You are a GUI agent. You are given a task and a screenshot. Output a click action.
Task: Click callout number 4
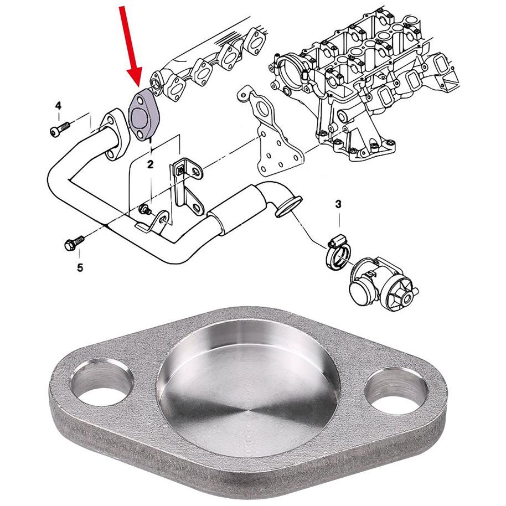point(59,106)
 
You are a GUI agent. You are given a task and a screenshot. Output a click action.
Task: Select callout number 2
point(151,164)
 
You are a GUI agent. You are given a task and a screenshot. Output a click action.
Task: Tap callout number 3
point(338,204)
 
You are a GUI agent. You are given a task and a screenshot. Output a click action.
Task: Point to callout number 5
point(80,267)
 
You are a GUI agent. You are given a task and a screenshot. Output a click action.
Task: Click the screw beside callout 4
point(60,129)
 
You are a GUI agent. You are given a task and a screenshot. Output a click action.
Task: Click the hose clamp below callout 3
point(338,252)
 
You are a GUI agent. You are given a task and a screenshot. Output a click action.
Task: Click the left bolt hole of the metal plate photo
point(102,383)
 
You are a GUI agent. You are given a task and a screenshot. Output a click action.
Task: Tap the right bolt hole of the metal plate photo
point(396,391)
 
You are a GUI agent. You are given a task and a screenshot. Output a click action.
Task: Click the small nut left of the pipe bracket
point(143,210)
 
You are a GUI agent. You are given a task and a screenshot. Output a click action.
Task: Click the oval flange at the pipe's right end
point(288,206)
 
